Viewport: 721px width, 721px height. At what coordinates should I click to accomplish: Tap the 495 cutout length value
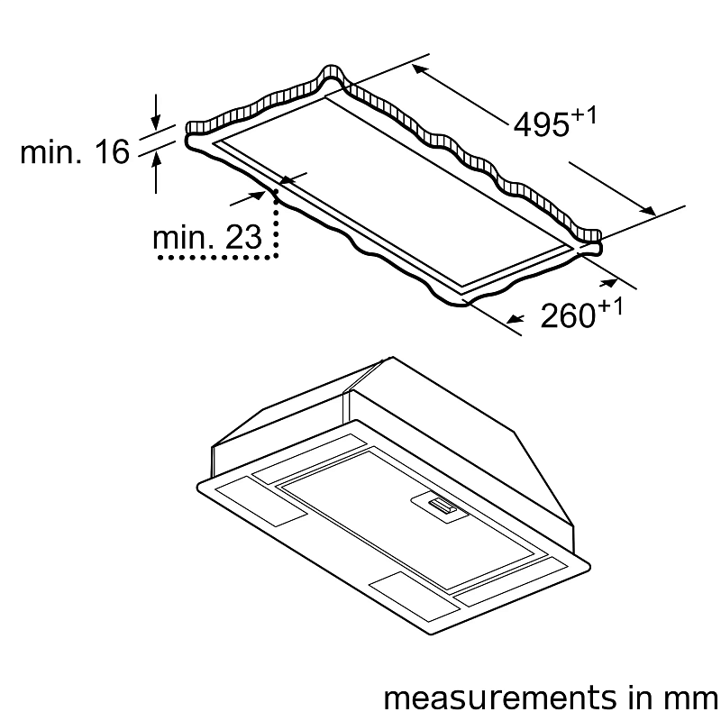(540, 126)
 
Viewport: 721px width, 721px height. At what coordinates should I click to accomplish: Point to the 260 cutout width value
(568, 316)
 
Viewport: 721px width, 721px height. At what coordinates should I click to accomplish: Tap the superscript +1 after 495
(584, 114)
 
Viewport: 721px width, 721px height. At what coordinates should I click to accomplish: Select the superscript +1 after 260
(610, 306)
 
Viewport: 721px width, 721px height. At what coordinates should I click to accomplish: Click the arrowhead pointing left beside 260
(515, 318)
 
